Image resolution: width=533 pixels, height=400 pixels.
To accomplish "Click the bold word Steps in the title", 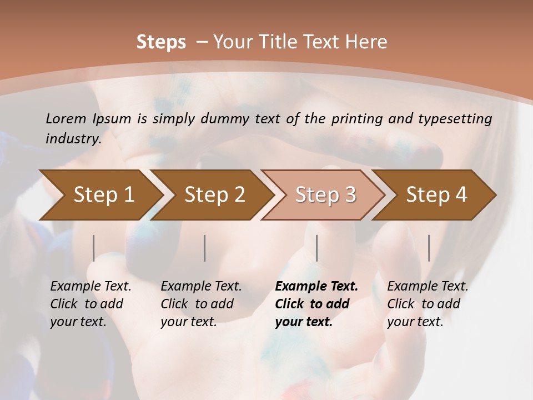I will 161,42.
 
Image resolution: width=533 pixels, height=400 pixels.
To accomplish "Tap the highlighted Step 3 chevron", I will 325,194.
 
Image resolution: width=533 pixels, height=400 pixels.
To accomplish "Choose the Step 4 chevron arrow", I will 436,194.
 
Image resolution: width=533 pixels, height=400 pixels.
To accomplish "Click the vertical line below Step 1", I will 94,248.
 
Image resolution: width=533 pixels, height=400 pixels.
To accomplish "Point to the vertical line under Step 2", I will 205,248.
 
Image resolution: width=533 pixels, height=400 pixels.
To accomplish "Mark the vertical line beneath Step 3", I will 316,248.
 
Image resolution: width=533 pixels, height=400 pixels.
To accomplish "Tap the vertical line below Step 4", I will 429,248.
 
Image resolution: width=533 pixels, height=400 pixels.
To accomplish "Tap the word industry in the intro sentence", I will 73,139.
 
